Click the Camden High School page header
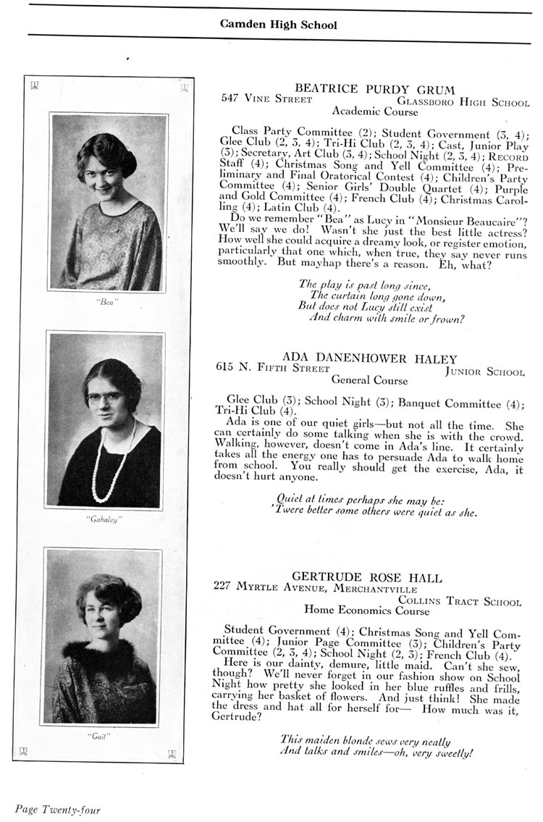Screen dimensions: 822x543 [x=279, y=25]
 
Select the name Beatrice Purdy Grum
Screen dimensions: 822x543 [x=375, y=90]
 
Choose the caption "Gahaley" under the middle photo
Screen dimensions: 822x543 [x=106, y=519]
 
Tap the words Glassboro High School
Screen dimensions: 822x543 [x=464, y=103]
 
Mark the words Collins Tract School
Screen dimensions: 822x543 [x=459, y=601]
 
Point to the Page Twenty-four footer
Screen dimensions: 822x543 [x=57, y=809]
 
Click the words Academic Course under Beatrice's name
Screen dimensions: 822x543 [x=374, y=112]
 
